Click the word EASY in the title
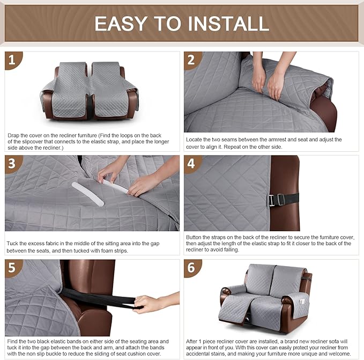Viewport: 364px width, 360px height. click(x=119, y=23)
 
